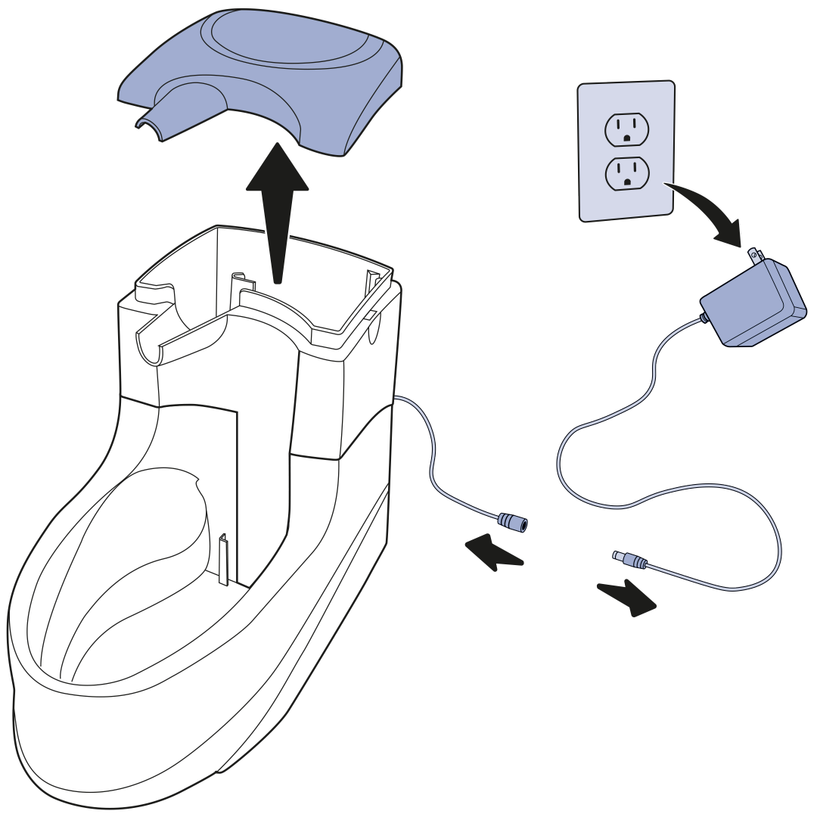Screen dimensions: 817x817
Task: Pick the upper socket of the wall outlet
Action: (627, 129)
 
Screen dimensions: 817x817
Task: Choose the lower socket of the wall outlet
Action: (627, 173)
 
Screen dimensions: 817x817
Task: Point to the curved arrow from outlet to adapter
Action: (707, 212)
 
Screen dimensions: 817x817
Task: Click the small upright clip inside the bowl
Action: (224, 560)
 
